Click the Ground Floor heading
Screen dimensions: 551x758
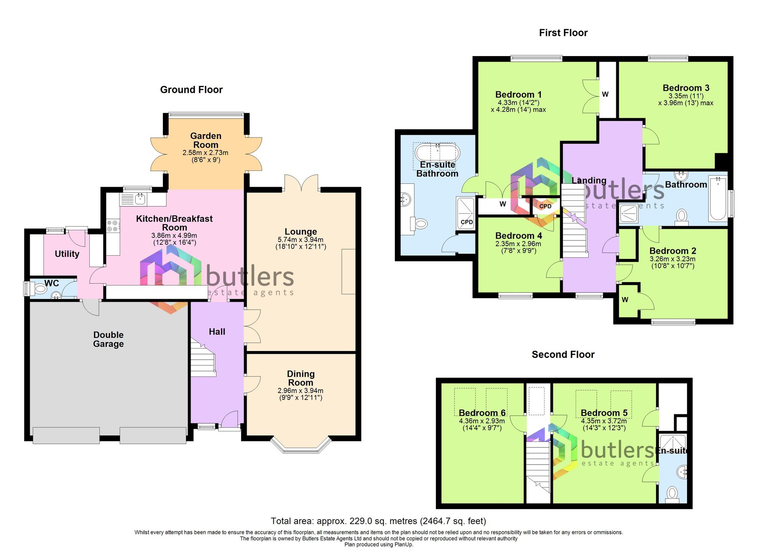pyautogui.click(x=191, y=90)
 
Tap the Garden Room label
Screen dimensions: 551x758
pyautogui.click(x=205, y=140)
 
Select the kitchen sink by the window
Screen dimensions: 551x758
pyautogui.click(x=140, y=198)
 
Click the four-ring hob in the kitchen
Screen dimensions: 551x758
pyautogui.click(x=112, y=226)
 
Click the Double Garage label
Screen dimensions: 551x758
pyautogui.click(x=108, y=339)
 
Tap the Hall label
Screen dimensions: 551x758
pyautogui.click(x=217, y=332)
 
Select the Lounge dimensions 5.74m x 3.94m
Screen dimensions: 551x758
pyautogui.click(x=301, y=240)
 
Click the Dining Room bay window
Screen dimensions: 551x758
pyautogui.click(x=301, y=446)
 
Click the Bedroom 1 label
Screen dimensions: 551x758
pyautogui.click(x=518, y=95)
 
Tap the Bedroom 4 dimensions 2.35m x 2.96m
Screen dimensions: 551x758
pyautogui.click(x=518, y=244)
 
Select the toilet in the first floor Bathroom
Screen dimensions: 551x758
pyautogui.click(x=681, y=216)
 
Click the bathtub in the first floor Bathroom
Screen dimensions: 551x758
pyautogui.click(x=718, y=198)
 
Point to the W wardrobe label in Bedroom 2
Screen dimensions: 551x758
pyautogui.click(x=625, y=300)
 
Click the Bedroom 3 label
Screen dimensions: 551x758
pyautogui.click(x=686, y=88)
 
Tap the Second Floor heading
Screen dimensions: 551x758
pyautogui.click(x=563, y=354)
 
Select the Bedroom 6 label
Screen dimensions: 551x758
pyautogui.click(x=482, y=413)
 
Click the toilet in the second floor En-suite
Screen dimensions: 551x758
pyautogui.click(x=672, y=493)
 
